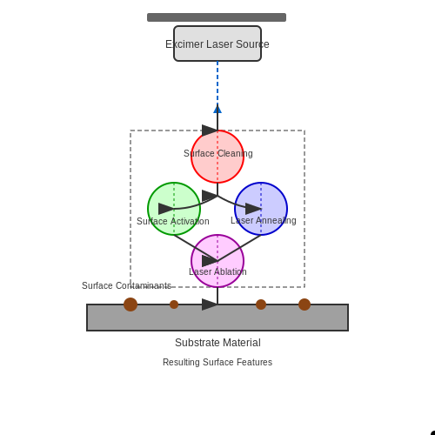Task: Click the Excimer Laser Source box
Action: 217,43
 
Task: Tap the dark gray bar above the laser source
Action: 217,17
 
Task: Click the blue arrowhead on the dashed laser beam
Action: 217,109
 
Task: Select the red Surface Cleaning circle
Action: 217,157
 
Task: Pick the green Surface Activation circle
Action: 174,209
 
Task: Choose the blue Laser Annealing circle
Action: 261,209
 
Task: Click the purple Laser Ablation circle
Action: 217,261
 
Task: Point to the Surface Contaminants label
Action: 126,285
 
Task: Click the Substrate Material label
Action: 217,343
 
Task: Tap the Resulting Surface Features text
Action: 217,362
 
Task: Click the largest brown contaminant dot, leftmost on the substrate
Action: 130,304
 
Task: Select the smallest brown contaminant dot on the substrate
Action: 174,304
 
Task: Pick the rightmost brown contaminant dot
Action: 304,304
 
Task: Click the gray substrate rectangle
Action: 217,318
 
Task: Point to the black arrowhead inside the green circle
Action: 166,209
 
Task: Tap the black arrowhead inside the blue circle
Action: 253,209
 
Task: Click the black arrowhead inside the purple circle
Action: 210,261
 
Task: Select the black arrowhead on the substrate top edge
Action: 210,304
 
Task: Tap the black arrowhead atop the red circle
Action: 210,130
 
